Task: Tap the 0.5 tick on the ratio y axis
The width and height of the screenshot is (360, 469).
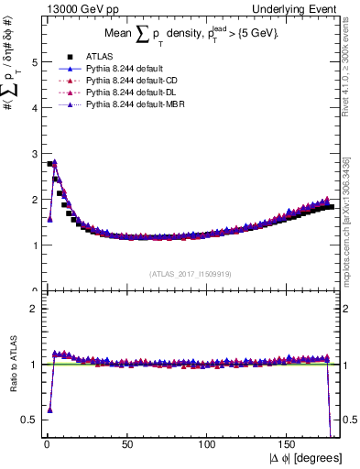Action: click(x=30, y=420)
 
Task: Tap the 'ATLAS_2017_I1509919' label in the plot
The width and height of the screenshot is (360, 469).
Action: click(x=191, y=274)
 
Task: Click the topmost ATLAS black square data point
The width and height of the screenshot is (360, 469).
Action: click(x=49, y=164)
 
